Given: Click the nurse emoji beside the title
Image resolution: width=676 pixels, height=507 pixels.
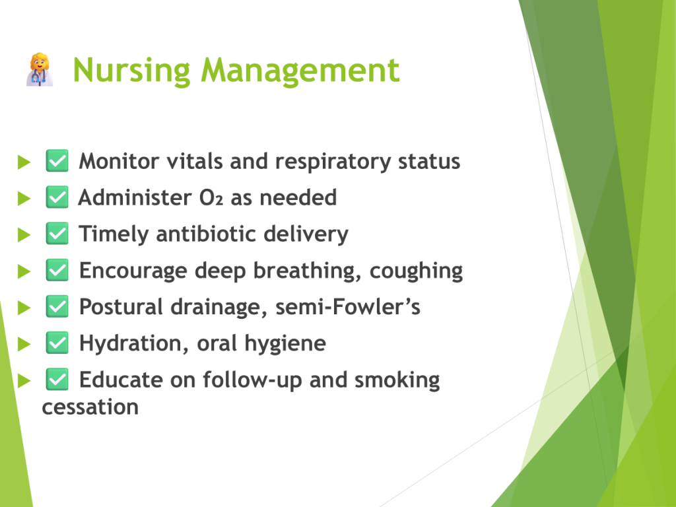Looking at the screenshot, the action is coord(40,70).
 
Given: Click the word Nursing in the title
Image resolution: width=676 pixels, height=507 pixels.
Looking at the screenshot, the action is coord(131,71).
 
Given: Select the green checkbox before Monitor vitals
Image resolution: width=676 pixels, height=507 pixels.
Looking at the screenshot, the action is coord(57,161).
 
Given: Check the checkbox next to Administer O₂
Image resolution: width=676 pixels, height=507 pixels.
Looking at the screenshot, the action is coord(57,197).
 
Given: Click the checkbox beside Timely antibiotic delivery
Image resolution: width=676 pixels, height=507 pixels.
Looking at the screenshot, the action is coord(57,234).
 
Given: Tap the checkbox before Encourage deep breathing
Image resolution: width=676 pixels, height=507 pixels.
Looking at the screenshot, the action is coord(57,270).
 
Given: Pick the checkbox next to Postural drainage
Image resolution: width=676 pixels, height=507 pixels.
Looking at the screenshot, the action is coord(57,306).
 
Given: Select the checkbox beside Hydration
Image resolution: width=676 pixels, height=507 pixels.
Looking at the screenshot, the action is coord(57,343).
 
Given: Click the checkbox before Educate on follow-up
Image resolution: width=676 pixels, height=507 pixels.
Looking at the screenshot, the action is coord(57,380).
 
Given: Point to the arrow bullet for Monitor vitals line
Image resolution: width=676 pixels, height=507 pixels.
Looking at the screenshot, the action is coord(24,162).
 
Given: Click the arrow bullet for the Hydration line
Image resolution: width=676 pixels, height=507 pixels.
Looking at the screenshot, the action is coord(24,345).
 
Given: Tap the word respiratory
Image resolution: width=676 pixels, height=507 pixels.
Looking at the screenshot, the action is coord(333,162).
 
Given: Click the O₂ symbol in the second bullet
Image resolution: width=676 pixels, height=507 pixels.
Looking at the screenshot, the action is coord(211,198).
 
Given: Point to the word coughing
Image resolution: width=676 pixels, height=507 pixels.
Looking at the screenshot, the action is coord(416,271).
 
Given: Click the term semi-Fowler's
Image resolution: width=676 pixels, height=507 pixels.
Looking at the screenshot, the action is coord(347,307).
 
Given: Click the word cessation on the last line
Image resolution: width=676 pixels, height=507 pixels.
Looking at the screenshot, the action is coord(90,407).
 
